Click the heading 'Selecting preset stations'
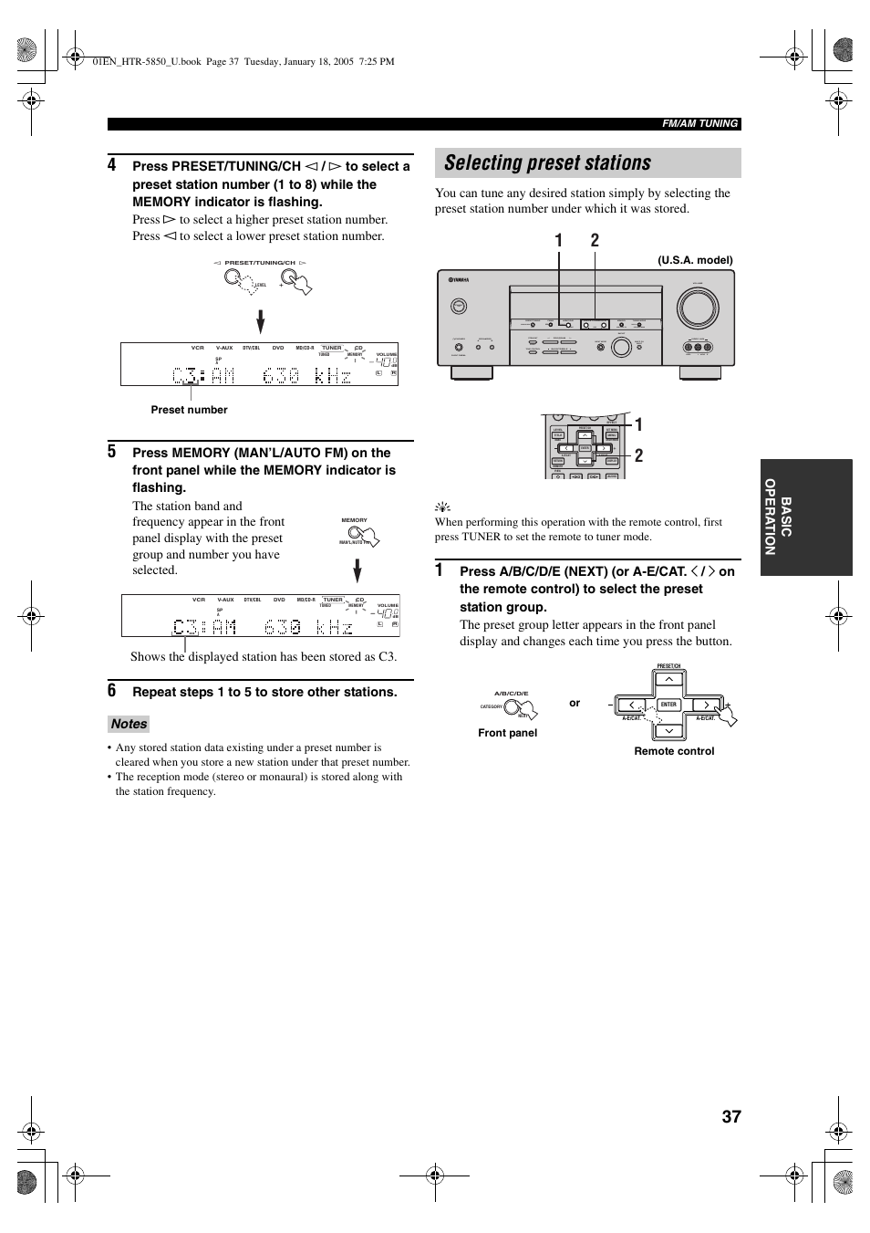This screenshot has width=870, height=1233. click(548, 163)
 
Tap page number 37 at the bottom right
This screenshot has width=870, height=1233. click(730, 1116)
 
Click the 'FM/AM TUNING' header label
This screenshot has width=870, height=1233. click(699, 124)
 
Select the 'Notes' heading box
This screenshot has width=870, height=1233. click(129, 724)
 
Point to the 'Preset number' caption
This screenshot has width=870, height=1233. click(189, 410)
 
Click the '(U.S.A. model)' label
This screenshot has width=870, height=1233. click(695, 260)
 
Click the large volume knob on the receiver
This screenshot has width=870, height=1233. click(697, 308)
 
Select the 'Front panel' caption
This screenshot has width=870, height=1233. click(507, 733)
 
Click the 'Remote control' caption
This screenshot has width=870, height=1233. click(674, 751)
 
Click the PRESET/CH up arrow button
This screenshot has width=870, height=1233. click(668, 679)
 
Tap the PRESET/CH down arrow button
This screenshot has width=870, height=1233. click(668, 731)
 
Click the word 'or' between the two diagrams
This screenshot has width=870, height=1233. click(575, 703)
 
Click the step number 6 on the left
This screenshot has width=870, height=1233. click(111, 691)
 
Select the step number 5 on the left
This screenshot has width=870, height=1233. click(111, 452)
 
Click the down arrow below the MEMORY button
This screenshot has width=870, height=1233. click(357, 571)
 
